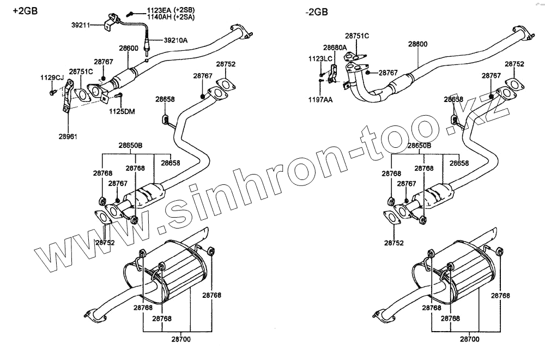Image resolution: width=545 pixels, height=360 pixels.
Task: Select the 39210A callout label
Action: [175, 40]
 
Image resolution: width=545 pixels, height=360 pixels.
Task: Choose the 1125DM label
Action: [122, 111]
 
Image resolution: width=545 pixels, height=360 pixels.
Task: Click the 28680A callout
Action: [335, 47]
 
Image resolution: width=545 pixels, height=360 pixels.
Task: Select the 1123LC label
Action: [320, 58]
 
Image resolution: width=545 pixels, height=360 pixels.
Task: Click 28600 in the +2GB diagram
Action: [129, 48]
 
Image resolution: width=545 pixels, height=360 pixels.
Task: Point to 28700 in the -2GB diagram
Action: [470, 339]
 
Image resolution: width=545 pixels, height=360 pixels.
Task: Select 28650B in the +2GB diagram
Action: [131, 146]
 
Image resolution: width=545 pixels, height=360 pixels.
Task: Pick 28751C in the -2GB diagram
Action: [358, 36]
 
